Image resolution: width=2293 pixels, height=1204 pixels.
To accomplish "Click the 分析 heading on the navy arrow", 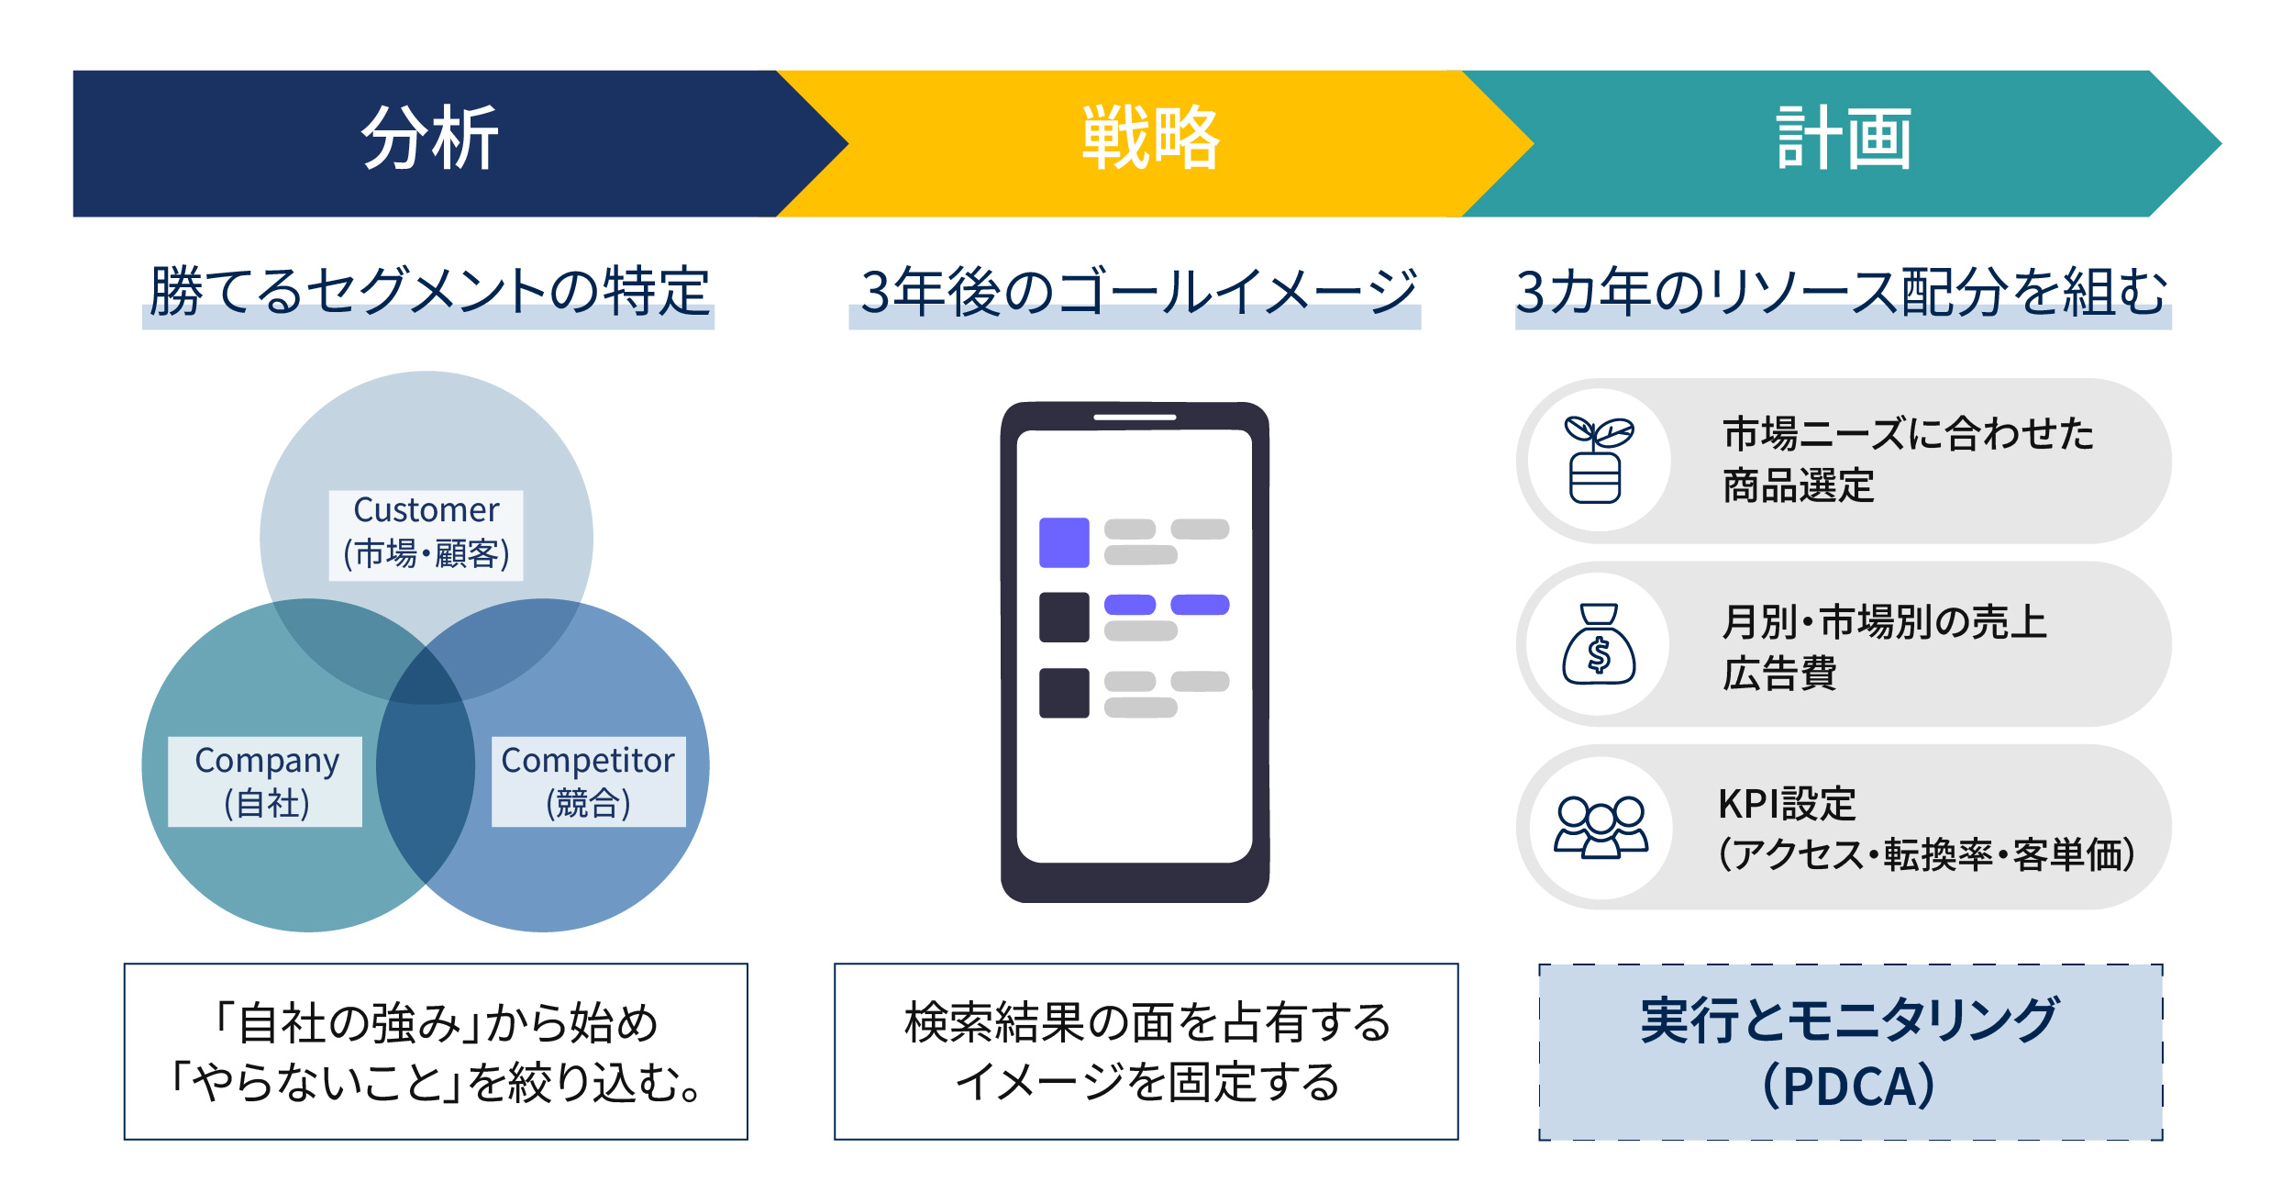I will coord(429,139).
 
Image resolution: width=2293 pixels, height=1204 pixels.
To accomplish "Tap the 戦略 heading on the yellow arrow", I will coord(1151,139).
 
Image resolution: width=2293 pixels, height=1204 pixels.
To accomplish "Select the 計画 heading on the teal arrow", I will coord(1844,139).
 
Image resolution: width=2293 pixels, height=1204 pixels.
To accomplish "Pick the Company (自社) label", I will coord(266,781).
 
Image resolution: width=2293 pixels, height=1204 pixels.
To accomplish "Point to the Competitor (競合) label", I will coord(588,781).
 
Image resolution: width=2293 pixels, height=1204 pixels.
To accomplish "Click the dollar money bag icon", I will coord(1598,644).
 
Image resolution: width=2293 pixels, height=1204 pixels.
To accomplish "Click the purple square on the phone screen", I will coord(1064,542).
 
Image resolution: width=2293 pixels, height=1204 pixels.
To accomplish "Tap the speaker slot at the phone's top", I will coord(1135,418).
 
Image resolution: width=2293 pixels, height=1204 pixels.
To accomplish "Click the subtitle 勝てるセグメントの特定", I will coord(429,292).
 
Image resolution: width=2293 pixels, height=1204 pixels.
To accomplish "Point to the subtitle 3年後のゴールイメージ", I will coord(1137,292).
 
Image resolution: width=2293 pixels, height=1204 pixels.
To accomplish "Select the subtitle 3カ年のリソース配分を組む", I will coord(1842,292).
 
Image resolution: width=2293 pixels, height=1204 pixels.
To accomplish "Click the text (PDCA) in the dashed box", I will coord(1849,1085).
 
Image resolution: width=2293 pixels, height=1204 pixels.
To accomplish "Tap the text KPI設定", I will coord(1787,804).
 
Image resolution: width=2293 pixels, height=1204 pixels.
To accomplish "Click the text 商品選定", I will coord(1798,485).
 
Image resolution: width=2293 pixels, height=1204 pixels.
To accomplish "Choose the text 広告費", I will coord(1779,673).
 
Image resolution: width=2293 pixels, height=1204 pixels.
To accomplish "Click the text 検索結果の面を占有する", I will coord(1147,1022).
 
